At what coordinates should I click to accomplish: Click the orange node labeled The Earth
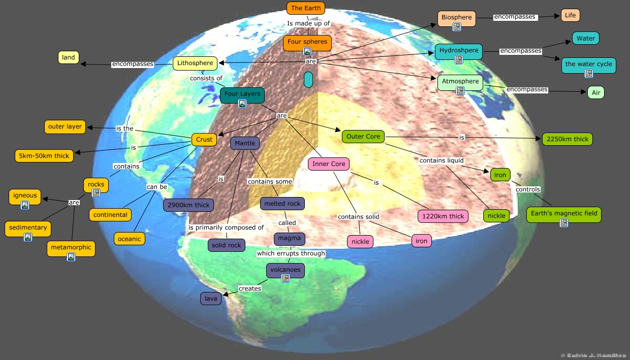[305, 8]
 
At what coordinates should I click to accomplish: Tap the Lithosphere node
[195, 63]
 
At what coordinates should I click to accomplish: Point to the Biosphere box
[456, 18]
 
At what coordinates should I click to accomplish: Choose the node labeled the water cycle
[589, 64]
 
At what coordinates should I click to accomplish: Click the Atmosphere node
[460, 82]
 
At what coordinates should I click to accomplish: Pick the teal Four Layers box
[242, 94]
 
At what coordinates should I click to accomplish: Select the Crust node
[204, 139]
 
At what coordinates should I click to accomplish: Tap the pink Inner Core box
[329, 164]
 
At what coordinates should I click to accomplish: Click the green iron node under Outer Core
[500, 175]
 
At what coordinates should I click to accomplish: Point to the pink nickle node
[360, 241]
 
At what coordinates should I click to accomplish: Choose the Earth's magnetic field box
[563, 213]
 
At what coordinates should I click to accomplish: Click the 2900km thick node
[188, 205]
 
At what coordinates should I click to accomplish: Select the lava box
[210, 299]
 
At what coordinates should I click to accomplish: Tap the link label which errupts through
[291, 253]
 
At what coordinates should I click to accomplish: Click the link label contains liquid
[441, 160]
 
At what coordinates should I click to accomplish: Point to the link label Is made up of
[308, 23]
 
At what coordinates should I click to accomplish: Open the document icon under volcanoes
[286, 278]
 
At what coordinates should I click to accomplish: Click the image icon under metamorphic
[71, 257]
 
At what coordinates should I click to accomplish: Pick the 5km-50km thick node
[44, 156]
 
